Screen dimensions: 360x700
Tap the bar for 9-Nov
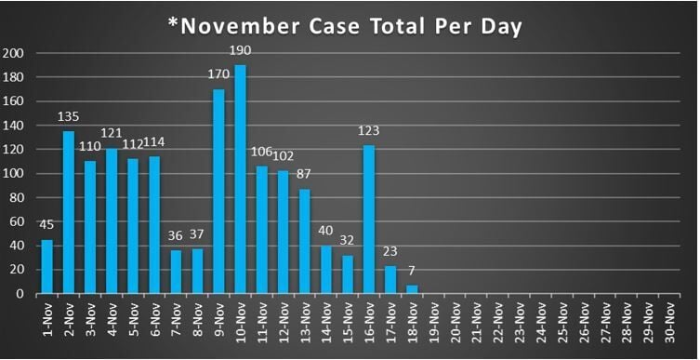[x=220, y=192]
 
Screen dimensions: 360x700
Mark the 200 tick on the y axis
[x=17, y=53]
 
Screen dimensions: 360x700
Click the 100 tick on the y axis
[x=17, y=174]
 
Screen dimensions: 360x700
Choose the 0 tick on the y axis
[x=23, y=294]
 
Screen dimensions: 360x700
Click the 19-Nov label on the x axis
[x=432, y=321]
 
